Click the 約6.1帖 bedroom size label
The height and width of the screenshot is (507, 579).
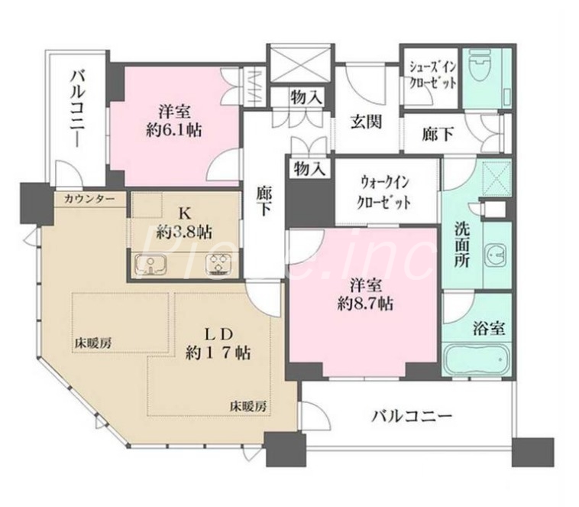pos(175,120)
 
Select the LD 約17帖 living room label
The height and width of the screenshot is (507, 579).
pos(218,343)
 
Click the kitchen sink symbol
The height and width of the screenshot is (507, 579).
pos(149,265)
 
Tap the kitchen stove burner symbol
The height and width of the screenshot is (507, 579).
pos(218,265)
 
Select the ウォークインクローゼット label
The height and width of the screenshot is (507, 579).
pos(386,193)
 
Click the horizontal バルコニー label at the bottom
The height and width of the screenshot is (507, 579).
pos(412,417)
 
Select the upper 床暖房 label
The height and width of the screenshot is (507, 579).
pos(93,342)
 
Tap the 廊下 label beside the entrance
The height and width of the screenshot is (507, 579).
pos(438,134)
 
